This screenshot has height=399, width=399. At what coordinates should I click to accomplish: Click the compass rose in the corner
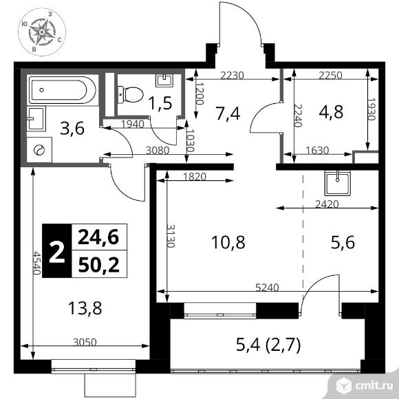[42, 32]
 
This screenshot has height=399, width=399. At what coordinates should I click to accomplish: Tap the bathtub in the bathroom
[63, 90]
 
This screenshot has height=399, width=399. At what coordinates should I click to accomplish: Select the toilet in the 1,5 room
[130, 94]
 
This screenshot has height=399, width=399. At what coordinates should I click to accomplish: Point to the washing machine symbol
[39, 150]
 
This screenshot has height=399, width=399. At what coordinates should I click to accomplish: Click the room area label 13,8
[85, 308]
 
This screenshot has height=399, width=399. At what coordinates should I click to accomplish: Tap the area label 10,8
[228, 242]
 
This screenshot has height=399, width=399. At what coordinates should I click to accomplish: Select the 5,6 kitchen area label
[343, 242]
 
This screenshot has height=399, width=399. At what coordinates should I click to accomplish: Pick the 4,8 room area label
[331, 111]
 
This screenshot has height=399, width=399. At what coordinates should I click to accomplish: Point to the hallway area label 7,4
[228, 114]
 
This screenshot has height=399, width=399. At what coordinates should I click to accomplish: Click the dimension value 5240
[267, 288]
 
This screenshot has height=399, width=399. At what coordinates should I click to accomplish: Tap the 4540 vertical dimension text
[37, 263]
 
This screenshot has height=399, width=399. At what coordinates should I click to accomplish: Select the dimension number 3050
[85, 343]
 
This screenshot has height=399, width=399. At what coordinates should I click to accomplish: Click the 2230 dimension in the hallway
[232, 75]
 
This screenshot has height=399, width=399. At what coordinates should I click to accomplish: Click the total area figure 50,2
[99, 264]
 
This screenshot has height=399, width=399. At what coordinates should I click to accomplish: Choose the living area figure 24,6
[98, 237]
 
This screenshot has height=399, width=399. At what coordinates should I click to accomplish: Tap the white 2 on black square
[56, 251]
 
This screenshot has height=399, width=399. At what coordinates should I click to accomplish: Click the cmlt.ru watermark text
[374, 386]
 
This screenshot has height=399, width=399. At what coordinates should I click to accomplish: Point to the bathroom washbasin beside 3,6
[36, 118]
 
